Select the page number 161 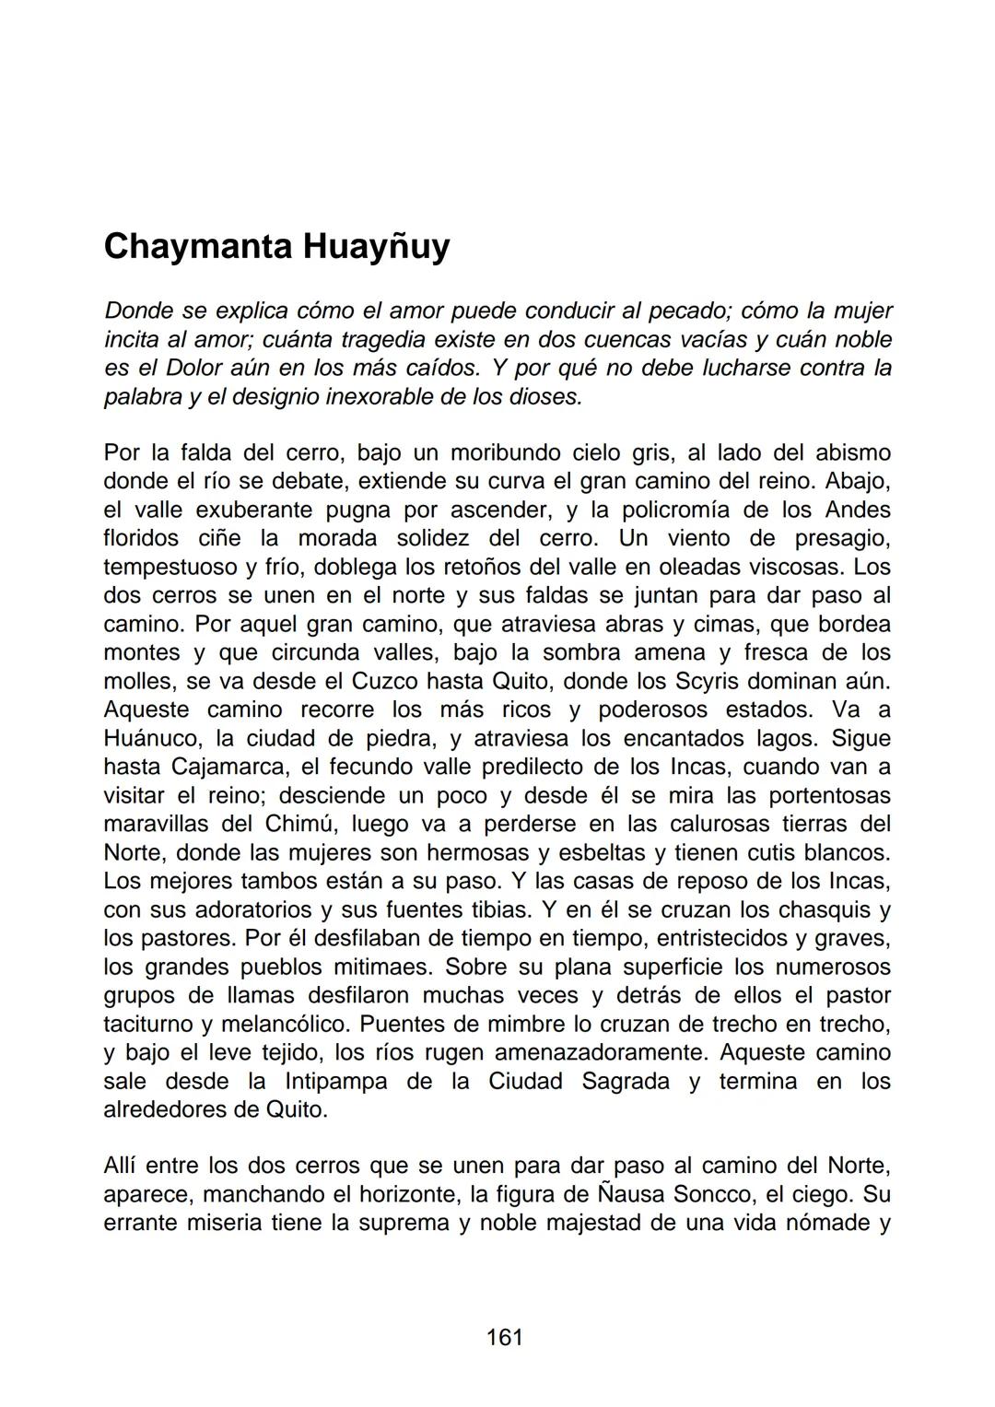[504, 1337]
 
